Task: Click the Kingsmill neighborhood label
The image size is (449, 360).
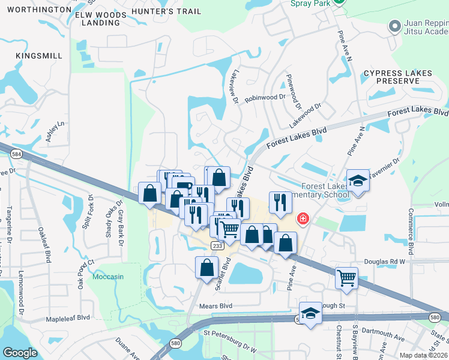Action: point(39,56)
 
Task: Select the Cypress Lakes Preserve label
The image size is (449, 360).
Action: point(397,77)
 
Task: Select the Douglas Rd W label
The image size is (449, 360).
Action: point(385,262)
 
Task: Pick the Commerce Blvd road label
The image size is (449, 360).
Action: point(411,232)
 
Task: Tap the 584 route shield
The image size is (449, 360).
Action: point(16,154)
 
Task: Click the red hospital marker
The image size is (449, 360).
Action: point(303,218)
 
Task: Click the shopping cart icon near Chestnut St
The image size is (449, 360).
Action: point(346,278)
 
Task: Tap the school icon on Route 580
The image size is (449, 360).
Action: point(310,313)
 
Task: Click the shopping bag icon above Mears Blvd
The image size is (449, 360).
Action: point(206,268)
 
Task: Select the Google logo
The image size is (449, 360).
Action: point(20,353)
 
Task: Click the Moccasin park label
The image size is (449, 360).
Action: point(108,277)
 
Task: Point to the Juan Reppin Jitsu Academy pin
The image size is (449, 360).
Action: point(394,26)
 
